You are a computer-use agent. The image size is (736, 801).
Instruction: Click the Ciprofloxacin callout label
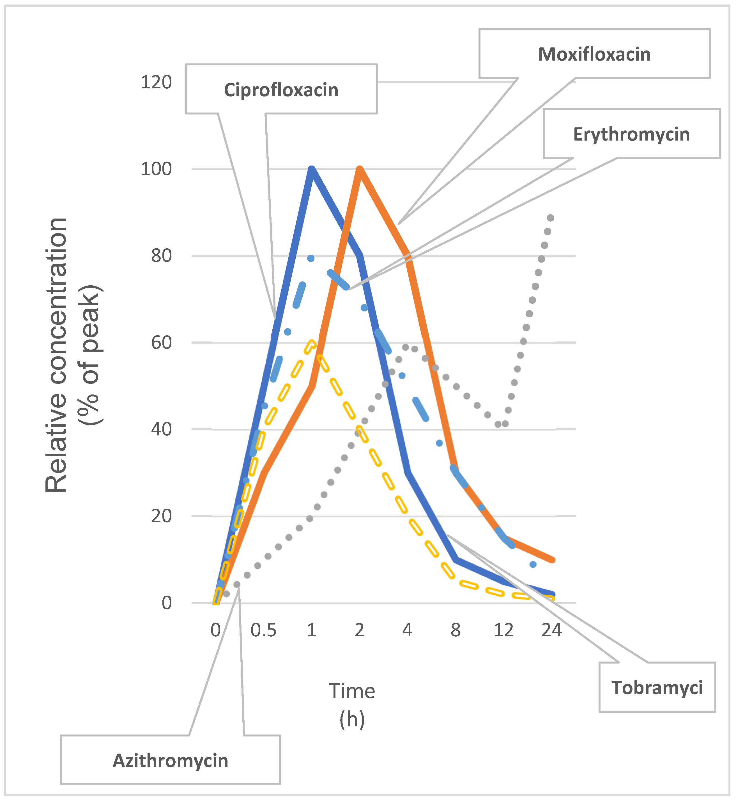[281, 90]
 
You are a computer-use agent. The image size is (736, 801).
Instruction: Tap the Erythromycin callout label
[631, 134]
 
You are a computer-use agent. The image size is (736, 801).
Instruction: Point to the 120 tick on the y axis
[156, 82]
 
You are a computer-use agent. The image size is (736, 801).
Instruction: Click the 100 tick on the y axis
[156, 169]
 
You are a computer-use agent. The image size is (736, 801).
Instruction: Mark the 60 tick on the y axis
[161, 343]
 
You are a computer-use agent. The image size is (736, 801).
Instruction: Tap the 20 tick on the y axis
[161, 516]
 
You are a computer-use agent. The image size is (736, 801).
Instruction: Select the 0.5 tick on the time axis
[263, 630]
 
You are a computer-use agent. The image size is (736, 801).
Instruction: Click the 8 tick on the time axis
[455, 630]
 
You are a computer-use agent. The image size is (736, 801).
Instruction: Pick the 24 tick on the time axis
[552, 630]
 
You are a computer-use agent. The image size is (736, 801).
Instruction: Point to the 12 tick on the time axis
[503, 630]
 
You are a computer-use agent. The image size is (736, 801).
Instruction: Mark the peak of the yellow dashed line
[312, 343]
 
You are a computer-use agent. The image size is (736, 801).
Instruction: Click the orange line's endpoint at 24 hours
[552, 560]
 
